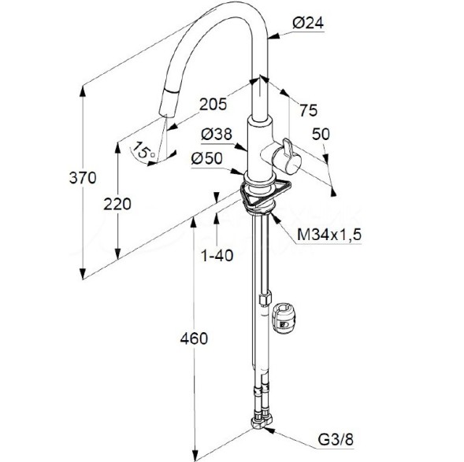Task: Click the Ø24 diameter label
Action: point(308,23)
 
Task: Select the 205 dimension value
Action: point(213,104)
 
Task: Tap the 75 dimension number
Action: point(308,110)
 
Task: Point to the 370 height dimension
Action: point(83,178)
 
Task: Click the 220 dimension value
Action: point(117,204)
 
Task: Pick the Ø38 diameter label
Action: point(217,135)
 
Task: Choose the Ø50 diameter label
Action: point(206,158)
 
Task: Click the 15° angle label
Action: point(143,150)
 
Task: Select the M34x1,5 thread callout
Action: point(329,235)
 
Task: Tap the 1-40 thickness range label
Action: point(217,255)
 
